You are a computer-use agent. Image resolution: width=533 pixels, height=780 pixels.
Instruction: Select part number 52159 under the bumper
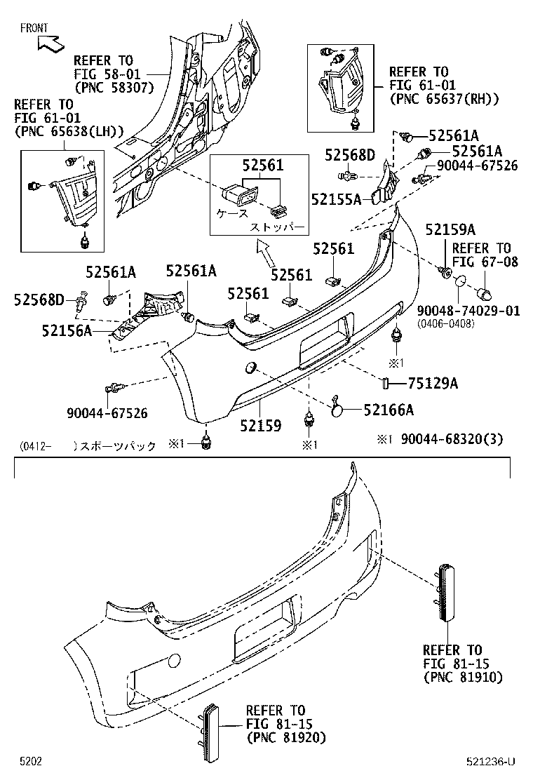coord(260,426)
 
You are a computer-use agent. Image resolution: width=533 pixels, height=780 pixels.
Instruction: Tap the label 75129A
coord(433,383)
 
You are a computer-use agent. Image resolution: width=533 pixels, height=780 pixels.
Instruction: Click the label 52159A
coord(450,230)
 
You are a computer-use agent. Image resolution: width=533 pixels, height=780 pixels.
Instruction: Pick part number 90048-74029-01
coord(468,311)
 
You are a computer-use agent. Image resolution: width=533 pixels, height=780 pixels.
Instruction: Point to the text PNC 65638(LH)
coord(68,131)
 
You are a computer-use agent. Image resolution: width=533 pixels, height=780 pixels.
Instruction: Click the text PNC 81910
coord(463,677)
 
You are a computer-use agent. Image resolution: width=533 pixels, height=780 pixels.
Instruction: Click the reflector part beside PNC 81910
coord(446,593)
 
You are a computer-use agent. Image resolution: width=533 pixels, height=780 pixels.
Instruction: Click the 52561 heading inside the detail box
coord(263,166)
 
